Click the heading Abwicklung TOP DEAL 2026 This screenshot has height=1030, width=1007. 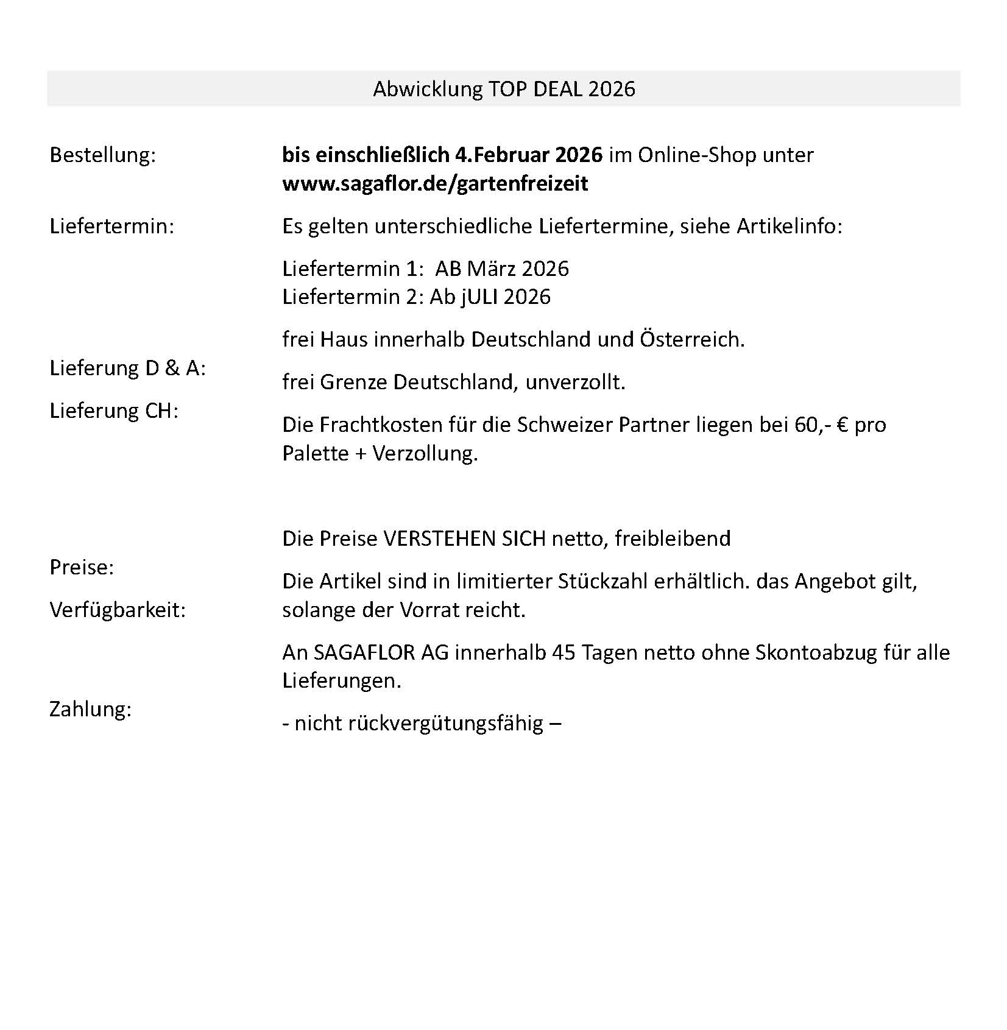[x=504, y=89]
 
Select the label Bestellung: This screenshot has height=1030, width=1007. [x=102, y=155]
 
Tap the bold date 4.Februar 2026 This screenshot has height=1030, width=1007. [x=528, y=155]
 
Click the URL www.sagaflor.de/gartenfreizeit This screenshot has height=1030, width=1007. [x=435, y=183]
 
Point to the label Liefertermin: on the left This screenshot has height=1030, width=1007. [x=111, y=226]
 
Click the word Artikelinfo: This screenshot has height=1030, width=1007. [x=790, y=226]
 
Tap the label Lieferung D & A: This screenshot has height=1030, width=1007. [x=127, y=368]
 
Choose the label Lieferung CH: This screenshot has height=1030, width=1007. [x=113, y=411]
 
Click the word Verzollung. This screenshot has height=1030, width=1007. [x=425, y=453]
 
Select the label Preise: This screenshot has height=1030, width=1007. [x=82, y=567]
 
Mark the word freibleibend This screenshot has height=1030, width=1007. [x=673, y=538]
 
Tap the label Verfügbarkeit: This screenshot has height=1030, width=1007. [x=117, y=610]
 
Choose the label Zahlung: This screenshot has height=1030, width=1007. [x=90, y=709]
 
